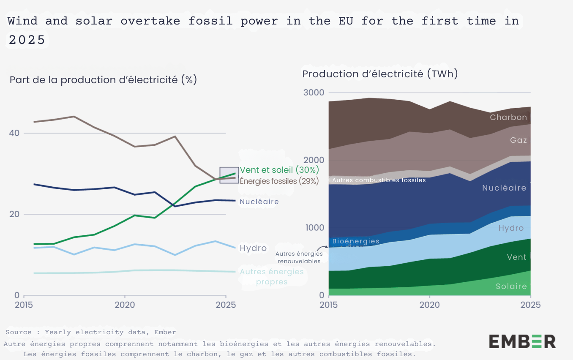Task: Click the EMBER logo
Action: [522, 341]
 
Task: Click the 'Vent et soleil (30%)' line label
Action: [279, 170]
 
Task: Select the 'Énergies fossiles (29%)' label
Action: [279, 181]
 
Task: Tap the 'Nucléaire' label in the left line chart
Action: [259, 202]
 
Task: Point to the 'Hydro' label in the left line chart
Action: [253, 248]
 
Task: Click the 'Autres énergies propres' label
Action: [272, 277]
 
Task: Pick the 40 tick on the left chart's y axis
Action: [15, 133]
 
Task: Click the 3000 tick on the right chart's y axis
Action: [314, 93]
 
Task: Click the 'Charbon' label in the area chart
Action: [508, 117]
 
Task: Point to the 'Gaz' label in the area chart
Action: [518, 140]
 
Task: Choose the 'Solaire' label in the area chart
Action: [511, 286]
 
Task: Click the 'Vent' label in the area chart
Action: [516, 257]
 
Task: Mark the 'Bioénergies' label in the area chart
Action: [356, 241]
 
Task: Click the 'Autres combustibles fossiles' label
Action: [379, 180]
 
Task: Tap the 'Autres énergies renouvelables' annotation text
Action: [299, 257]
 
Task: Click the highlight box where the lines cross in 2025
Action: [229, 175]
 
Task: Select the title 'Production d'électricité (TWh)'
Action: [380, 74]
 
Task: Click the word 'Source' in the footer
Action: [18, 332]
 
